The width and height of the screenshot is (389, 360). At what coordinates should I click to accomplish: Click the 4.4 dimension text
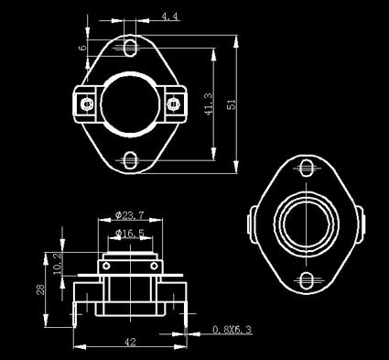[169, 16]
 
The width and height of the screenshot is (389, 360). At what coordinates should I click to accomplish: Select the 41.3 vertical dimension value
[210, 104]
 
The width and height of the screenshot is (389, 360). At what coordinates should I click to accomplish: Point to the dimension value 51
[232, 104]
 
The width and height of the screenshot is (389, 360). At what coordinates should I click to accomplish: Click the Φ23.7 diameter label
[131, 216]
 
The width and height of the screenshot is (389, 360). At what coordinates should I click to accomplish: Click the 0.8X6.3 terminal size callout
[232, 329]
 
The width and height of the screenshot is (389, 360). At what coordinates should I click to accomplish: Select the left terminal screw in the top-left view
[86, 104]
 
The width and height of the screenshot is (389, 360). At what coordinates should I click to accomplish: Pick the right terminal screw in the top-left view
[172, 104]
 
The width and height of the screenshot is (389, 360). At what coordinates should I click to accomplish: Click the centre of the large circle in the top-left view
[129, 104]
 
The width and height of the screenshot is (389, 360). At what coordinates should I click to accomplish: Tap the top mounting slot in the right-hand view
[305, 168]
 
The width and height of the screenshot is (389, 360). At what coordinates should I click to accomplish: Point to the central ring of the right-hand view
[305, 224]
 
